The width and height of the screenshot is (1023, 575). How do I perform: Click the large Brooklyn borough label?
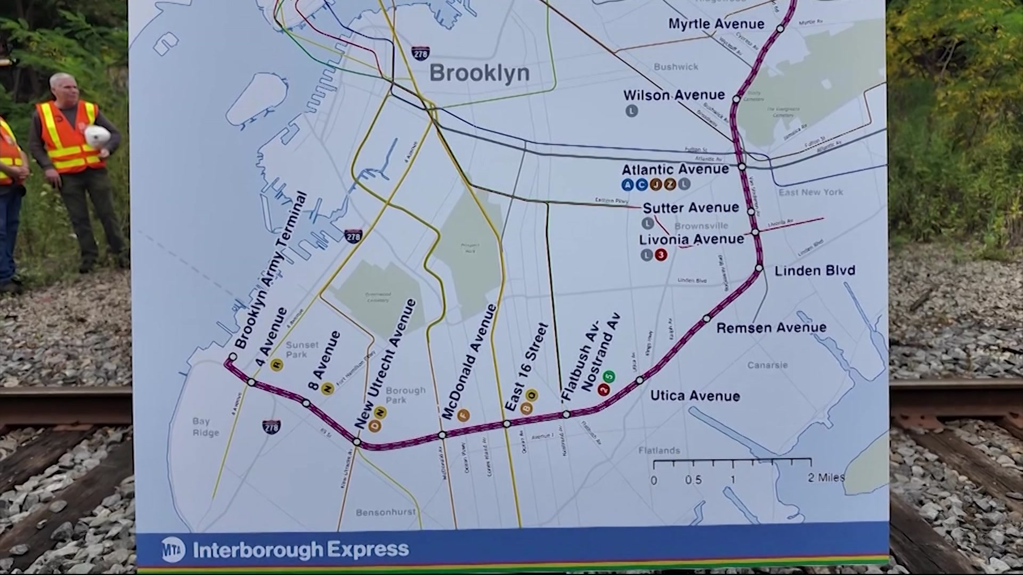479,73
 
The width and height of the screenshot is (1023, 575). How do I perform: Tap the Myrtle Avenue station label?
716,24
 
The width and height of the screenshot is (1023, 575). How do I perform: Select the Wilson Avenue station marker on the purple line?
736,99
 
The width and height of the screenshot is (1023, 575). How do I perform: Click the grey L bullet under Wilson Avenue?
631,111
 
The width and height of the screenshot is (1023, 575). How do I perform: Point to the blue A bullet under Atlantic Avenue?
628,185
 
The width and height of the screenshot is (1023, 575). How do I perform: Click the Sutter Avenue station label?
691,208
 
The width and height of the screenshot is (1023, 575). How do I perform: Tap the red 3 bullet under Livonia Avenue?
661,255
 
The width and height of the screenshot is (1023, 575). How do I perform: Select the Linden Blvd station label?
814,270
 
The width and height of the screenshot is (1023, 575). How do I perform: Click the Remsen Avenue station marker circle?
707,318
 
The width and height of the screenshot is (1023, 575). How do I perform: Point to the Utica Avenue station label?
695,396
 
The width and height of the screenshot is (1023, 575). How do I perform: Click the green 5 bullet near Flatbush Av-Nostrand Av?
610,377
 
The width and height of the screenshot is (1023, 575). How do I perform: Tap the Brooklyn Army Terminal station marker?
232,357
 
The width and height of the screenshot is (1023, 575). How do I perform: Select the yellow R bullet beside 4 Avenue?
276,365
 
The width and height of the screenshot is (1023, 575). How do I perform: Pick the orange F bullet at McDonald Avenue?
463,416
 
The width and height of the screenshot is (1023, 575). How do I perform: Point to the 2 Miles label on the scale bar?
825,478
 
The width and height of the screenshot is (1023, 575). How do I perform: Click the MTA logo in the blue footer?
174,549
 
